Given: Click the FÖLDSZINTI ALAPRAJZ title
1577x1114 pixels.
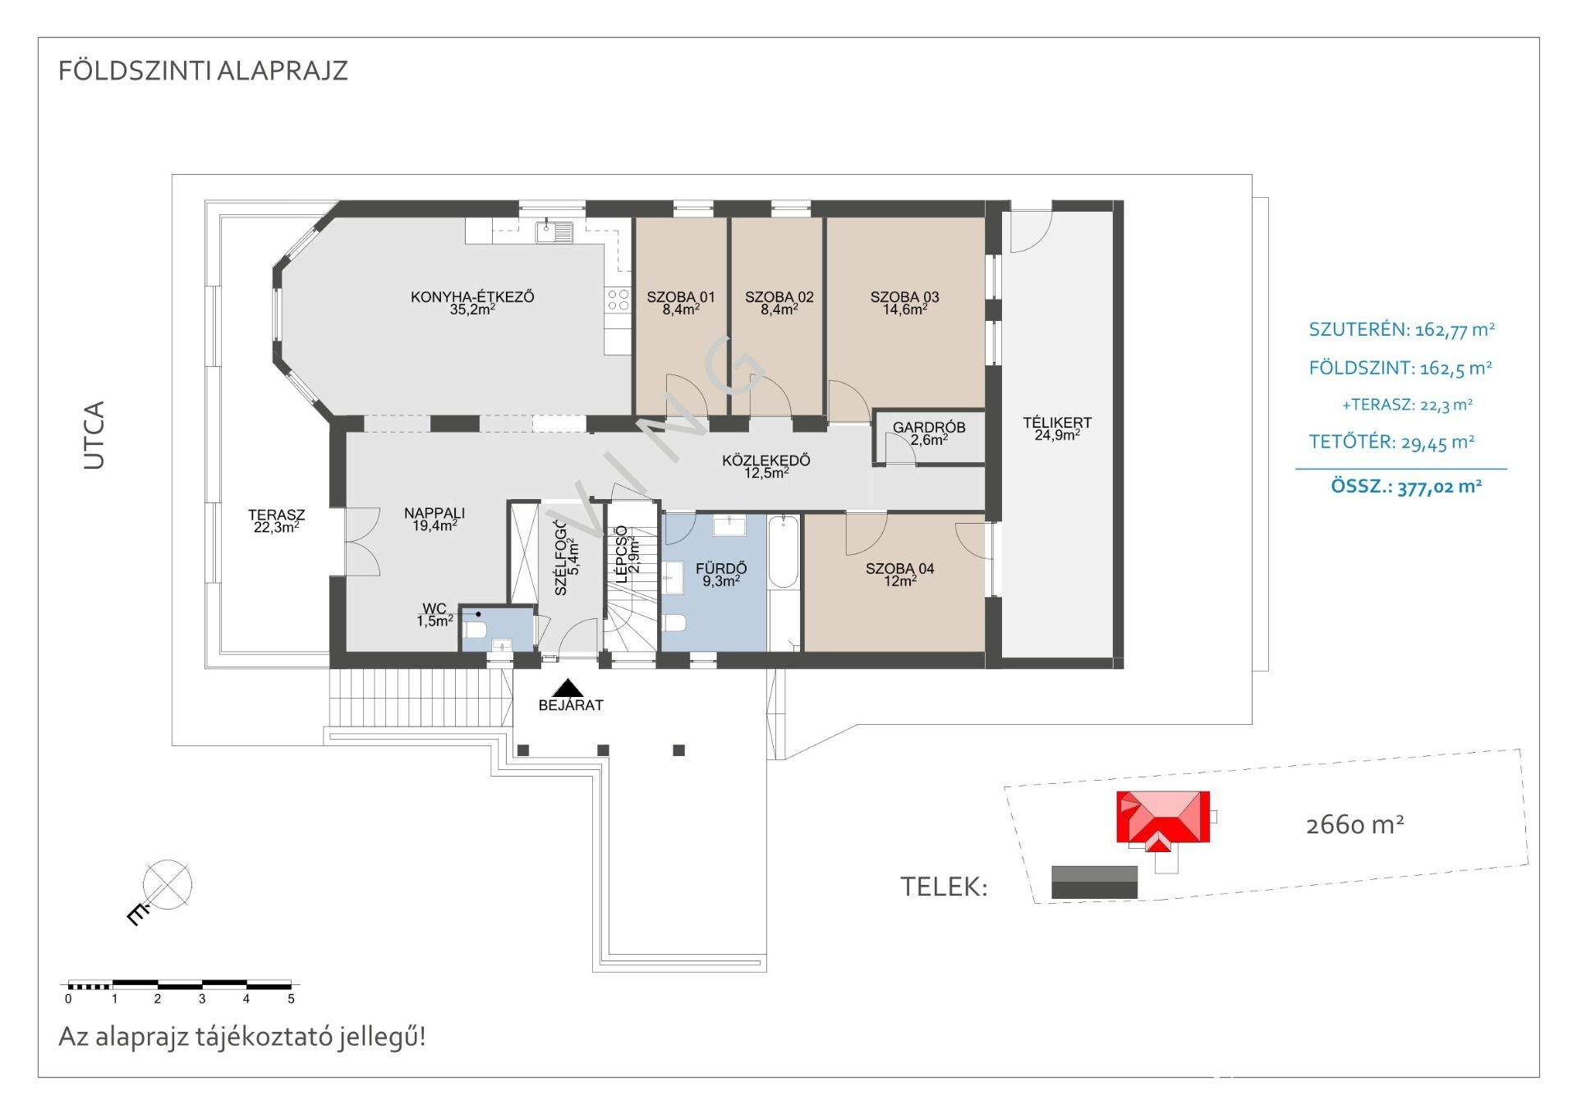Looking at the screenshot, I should [203, 71].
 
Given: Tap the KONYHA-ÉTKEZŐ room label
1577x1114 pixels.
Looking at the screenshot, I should [472, 297].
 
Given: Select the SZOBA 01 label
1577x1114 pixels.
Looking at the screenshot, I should [680, 297].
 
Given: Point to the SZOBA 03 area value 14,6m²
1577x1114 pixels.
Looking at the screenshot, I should [904, 310].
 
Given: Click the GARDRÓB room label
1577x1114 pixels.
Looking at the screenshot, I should [929, 428].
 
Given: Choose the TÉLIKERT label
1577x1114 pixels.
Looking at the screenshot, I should [1057, 423].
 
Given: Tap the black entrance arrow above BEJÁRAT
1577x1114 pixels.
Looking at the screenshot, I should [568, 688].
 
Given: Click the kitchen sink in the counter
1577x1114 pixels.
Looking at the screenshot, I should [554, 232].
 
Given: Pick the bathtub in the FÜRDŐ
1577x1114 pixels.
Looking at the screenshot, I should [783, 552].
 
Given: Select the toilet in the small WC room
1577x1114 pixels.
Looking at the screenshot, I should [475, 630].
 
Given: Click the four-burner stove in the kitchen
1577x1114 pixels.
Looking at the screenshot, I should [618, 300].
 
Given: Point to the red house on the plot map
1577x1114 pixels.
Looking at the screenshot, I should [1163, 817].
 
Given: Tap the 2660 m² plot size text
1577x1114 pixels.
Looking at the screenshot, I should [1354, 824].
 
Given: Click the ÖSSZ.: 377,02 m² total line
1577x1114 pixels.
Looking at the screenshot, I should [1405, 487].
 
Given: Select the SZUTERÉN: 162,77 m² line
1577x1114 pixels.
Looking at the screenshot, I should [1401, 330].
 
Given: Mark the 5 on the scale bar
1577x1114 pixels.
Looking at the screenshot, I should [291, 999].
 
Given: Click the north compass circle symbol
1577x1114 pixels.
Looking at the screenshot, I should [168, 885].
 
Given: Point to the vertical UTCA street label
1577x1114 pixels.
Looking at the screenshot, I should [94, 435].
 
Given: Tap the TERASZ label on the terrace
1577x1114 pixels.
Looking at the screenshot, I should [276, 516].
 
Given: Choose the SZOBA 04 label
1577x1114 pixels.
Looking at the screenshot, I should [899, 568].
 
